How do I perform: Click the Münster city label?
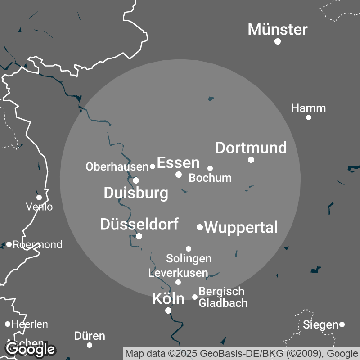pyautogui.click(x=278, y=30)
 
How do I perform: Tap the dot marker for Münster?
pyautogui.click(x=278, y=41)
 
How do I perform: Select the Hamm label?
pyautogui.click(x=308, y=108)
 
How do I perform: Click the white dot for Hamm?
pyautogui.click(x=309, y=117)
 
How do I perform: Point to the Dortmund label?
pyautogui.click(x=251, y=148)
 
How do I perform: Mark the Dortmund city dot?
pyautogui.click(x=251, y=160)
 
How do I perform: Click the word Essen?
pyautogui.click(x=178, y=162)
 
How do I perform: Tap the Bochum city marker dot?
pyautogui.click(x=210, y=168)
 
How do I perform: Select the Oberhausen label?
pyautogui.click(x=117, y=167)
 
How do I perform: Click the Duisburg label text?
pyautogui.click(x=136, y=193)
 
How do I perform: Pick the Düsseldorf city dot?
pyautogui.click(x=139, y=236)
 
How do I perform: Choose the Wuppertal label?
pyautogui.click(x=241, y=227)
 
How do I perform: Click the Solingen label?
pyautogui.click(x=189, y=259)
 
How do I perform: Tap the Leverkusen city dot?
pyautogui.click(x=178, y=282)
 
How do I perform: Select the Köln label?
pyautogui.click(x=168, y=298)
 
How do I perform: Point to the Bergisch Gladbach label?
pyautogui.click(x=223, y=297)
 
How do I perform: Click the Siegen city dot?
pyautogui.click(x=342, y=324)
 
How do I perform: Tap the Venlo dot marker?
pyautogui.click(x=39, y=198)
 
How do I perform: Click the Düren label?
pyautogui.click(x=90, y=336)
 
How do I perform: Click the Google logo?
pyautogui.click(x=31, y=349)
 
